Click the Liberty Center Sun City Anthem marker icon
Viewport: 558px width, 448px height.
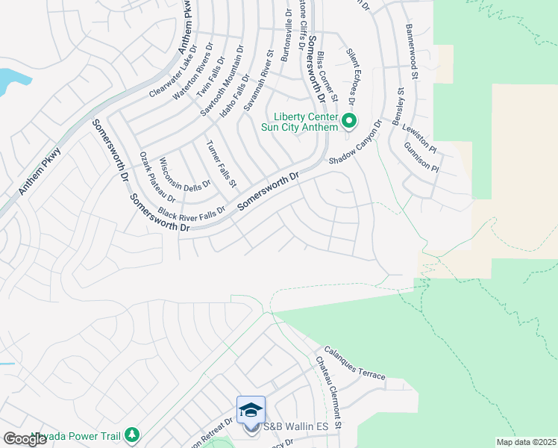pos(349,121)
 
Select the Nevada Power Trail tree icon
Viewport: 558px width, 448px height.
pos(132,434)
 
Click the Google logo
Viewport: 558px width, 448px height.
pos(25,439)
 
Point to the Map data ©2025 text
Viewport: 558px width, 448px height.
pos(525,442)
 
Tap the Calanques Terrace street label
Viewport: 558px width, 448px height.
pos(354,364)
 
